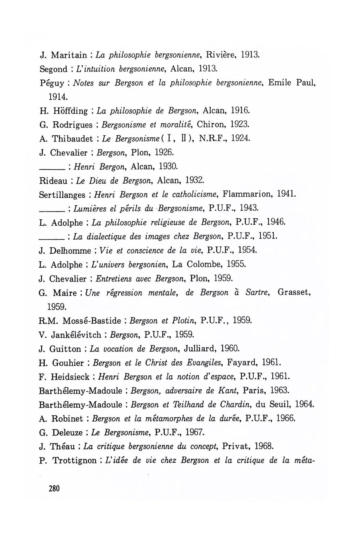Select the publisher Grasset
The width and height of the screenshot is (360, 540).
point(293,292)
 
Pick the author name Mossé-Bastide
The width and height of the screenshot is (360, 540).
point(91,321)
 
